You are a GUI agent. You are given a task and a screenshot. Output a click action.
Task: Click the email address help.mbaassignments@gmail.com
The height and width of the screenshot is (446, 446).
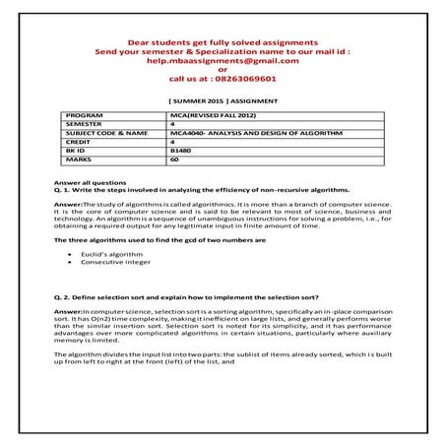click(x=223, y=60)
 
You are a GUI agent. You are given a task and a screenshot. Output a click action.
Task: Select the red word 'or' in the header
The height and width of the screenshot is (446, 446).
click(x=223, y=69)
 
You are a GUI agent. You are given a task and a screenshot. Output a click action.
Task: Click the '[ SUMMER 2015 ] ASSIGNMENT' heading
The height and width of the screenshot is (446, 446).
click(x=223, y=100)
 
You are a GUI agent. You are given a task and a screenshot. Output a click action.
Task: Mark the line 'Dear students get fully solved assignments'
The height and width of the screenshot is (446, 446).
click(x=223, y=42)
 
